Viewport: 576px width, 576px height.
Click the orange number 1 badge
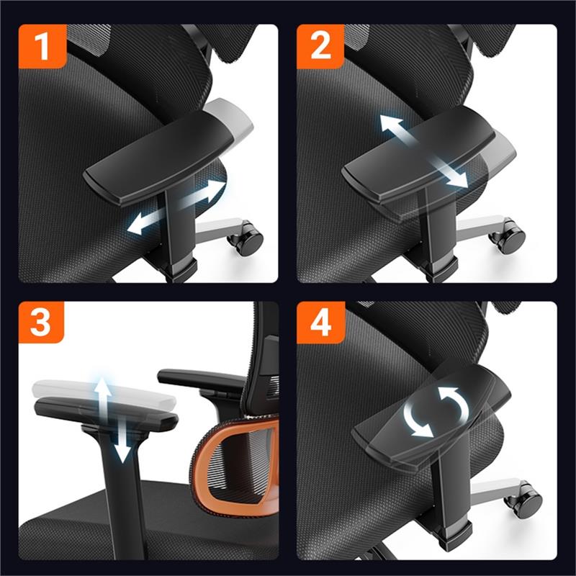[42, 46]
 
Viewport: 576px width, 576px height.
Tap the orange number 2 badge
[320, 46]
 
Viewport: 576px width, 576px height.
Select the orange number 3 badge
[41, 322]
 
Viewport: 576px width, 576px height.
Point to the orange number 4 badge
[320, 323]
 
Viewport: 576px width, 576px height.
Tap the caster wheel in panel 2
[508, 236]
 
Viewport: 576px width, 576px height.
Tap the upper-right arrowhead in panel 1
[215, 189]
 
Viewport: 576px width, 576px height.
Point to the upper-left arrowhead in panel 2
[390, 122]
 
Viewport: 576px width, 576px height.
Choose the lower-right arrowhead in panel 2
[459, 179]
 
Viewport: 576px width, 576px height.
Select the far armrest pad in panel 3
[202, 379]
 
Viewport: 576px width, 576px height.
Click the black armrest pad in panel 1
[158, 158]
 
